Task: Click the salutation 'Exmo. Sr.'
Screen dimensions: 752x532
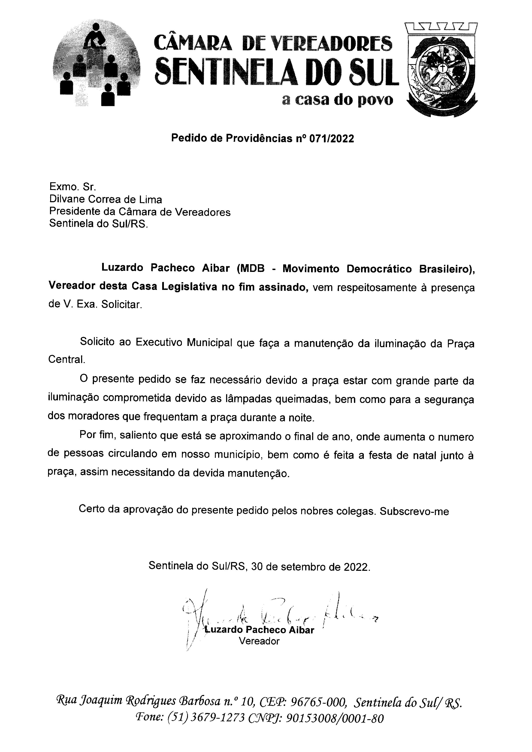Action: pos(72,187)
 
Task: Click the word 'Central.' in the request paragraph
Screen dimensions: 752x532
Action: pos(66,359)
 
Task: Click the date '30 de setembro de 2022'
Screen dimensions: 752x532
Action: pos(310,567)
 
